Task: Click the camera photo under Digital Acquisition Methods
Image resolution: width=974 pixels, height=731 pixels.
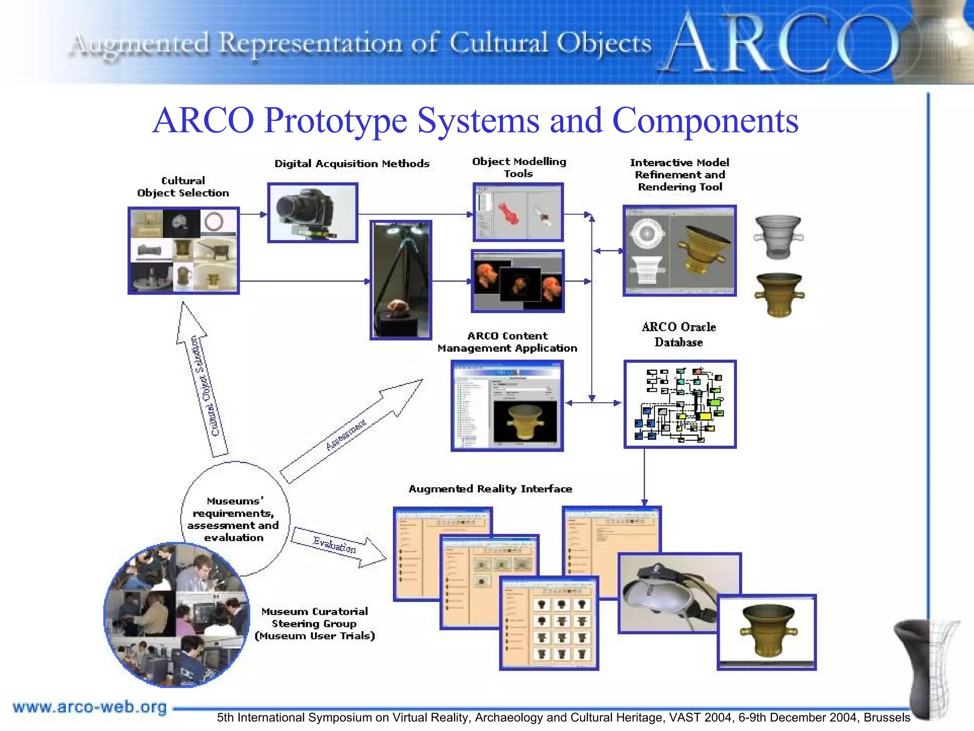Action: pos(312,213)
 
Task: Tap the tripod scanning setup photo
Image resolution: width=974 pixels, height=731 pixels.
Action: pos(401,280)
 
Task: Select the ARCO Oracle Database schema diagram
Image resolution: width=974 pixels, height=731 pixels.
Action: pos(680,404)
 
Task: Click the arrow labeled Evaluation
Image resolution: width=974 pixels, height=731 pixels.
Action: pos(338,546)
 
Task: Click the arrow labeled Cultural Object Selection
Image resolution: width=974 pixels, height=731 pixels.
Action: pos(202,381)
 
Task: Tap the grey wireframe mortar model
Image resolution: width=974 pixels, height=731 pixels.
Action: pos(779,237)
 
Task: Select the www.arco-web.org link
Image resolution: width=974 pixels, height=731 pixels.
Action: pos(90,707)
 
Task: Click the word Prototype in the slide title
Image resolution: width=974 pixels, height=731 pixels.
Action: pos(335,120)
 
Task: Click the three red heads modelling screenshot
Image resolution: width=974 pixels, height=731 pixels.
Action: pos(517,281)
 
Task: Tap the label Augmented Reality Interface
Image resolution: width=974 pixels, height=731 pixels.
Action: pos(490,489)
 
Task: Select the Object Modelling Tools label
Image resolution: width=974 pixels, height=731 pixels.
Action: pos(519,168)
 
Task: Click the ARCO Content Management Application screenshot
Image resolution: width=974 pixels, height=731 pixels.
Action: pos(507,405)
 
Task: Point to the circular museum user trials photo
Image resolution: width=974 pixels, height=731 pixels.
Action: pos(176,615)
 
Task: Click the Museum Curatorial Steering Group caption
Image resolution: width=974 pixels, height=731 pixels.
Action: pos(314,623)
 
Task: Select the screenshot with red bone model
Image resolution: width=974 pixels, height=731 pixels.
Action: pos(518,212)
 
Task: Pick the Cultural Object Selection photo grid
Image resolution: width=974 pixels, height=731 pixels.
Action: pos(184,250)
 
